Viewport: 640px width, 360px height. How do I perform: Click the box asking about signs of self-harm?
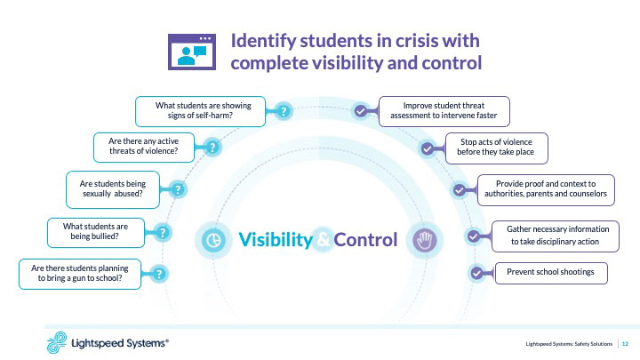(200, 111)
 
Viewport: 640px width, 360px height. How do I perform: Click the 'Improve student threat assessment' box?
(444, 110)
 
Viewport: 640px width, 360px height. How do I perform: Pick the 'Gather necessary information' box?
(552, 235)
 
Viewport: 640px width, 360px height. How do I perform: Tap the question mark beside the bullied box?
(163, 232)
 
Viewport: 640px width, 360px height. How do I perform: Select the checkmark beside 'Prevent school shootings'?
(477, 273)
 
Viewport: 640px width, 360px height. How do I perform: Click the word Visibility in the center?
(275, 239)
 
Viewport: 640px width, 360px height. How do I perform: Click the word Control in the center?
(365, 239)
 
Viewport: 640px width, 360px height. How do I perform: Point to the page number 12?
(625, 343)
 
